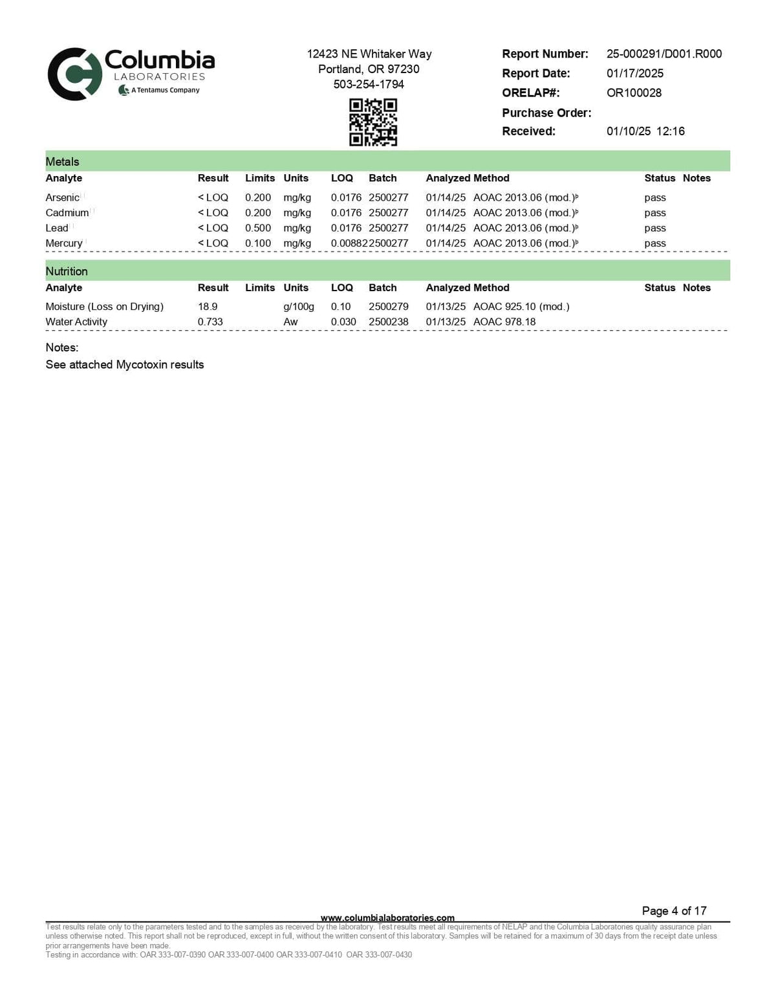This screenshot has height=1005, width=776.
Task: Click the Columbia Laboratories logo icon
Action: (x=74, y=74)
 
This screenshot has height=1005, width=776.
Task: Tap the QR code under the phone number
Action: (x=373, y=122)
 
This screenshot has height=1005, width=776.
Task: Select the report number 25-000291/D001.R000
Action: (x=664, y=54)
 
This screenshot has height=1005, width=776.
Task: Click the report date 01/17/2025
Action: (x=635, y=73)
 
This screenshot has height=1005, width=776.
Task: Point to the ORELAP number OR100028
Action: (x=634, y=93)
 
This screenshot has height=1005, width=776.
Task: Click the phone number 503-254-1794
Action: (x=369, y=84)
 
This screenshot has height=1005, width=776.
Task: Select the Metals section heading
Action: (x=63, y=162)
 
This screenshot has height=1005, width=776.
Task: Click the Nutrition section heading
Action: (x=67, y=271)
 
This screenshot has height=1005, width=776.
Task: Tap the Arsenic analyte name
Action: (x=62, y=197)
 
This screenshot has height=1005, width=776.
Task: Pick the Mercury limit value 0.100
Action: (x=258, y=243)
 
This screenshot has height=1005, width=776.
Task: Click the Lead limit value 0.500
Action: (x=258, y=228)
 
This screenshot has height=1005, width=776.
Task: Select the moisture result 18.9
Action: (x=208, y=306)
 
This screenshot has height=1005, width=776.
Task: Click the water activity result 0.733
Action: (x=210, y=322)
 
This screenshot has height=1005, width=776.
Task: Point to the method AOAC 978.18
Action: (x=504, y=322)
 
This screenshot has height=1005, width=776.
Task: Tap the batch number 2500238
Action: (x=389, y=322)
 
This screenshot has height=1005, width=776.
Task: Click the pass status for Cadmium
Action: (x=655, y=213)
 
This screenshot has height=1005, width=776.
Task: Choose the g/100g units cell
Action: (x=299, y=306)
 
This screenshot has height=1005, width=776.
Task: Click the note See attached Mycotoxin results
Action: (x=125, y=364)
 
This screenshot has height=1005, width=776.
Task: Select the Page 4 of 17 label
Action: (x=674, y=911)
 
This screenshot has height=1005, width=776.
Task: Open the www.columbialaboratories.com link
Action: (x=387, y=918)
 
